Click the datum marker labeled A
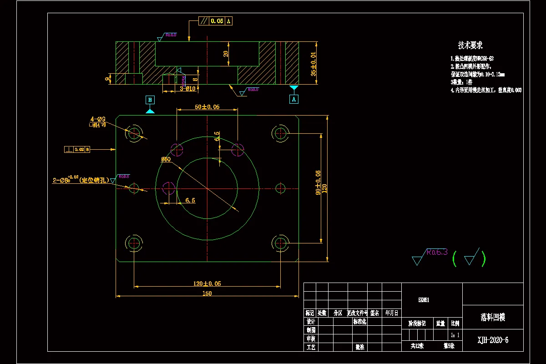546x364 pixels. (x=294, y=98)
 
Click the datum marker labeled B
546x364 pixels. (x=150, y=100)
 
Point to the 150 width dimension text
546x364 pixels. (x=207, y=293)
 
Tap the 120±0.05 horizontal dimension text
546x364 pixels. (x=207, y=283)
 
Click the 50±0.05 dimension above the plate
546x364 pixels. (x=207, y=107)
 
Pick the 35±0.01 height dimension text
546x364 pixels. (x=313, y=63)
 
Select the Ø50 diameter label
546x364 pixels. (x=166, y=159)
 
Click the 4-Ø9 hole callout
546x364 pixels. (x=98, y=119)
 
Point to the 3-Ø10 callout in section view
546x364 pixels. (x=187, y=89)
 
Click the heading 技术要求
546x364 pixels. (x=470, y=45)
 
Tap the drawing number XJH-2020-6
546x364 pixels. (x=493, y=340)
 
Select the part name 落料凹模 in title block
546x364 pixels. (x=493, y=317)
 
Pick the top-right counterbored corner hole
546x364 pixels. (x=280, y=133)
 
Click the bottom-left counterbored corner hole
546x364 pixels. (x=134, y=243)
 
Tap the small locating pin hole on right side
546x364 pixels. (x=280, y=187)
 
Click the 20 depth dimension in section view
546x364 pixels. (x=226, y=54)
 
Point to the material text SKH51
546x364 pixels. (x=424, y=300)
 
